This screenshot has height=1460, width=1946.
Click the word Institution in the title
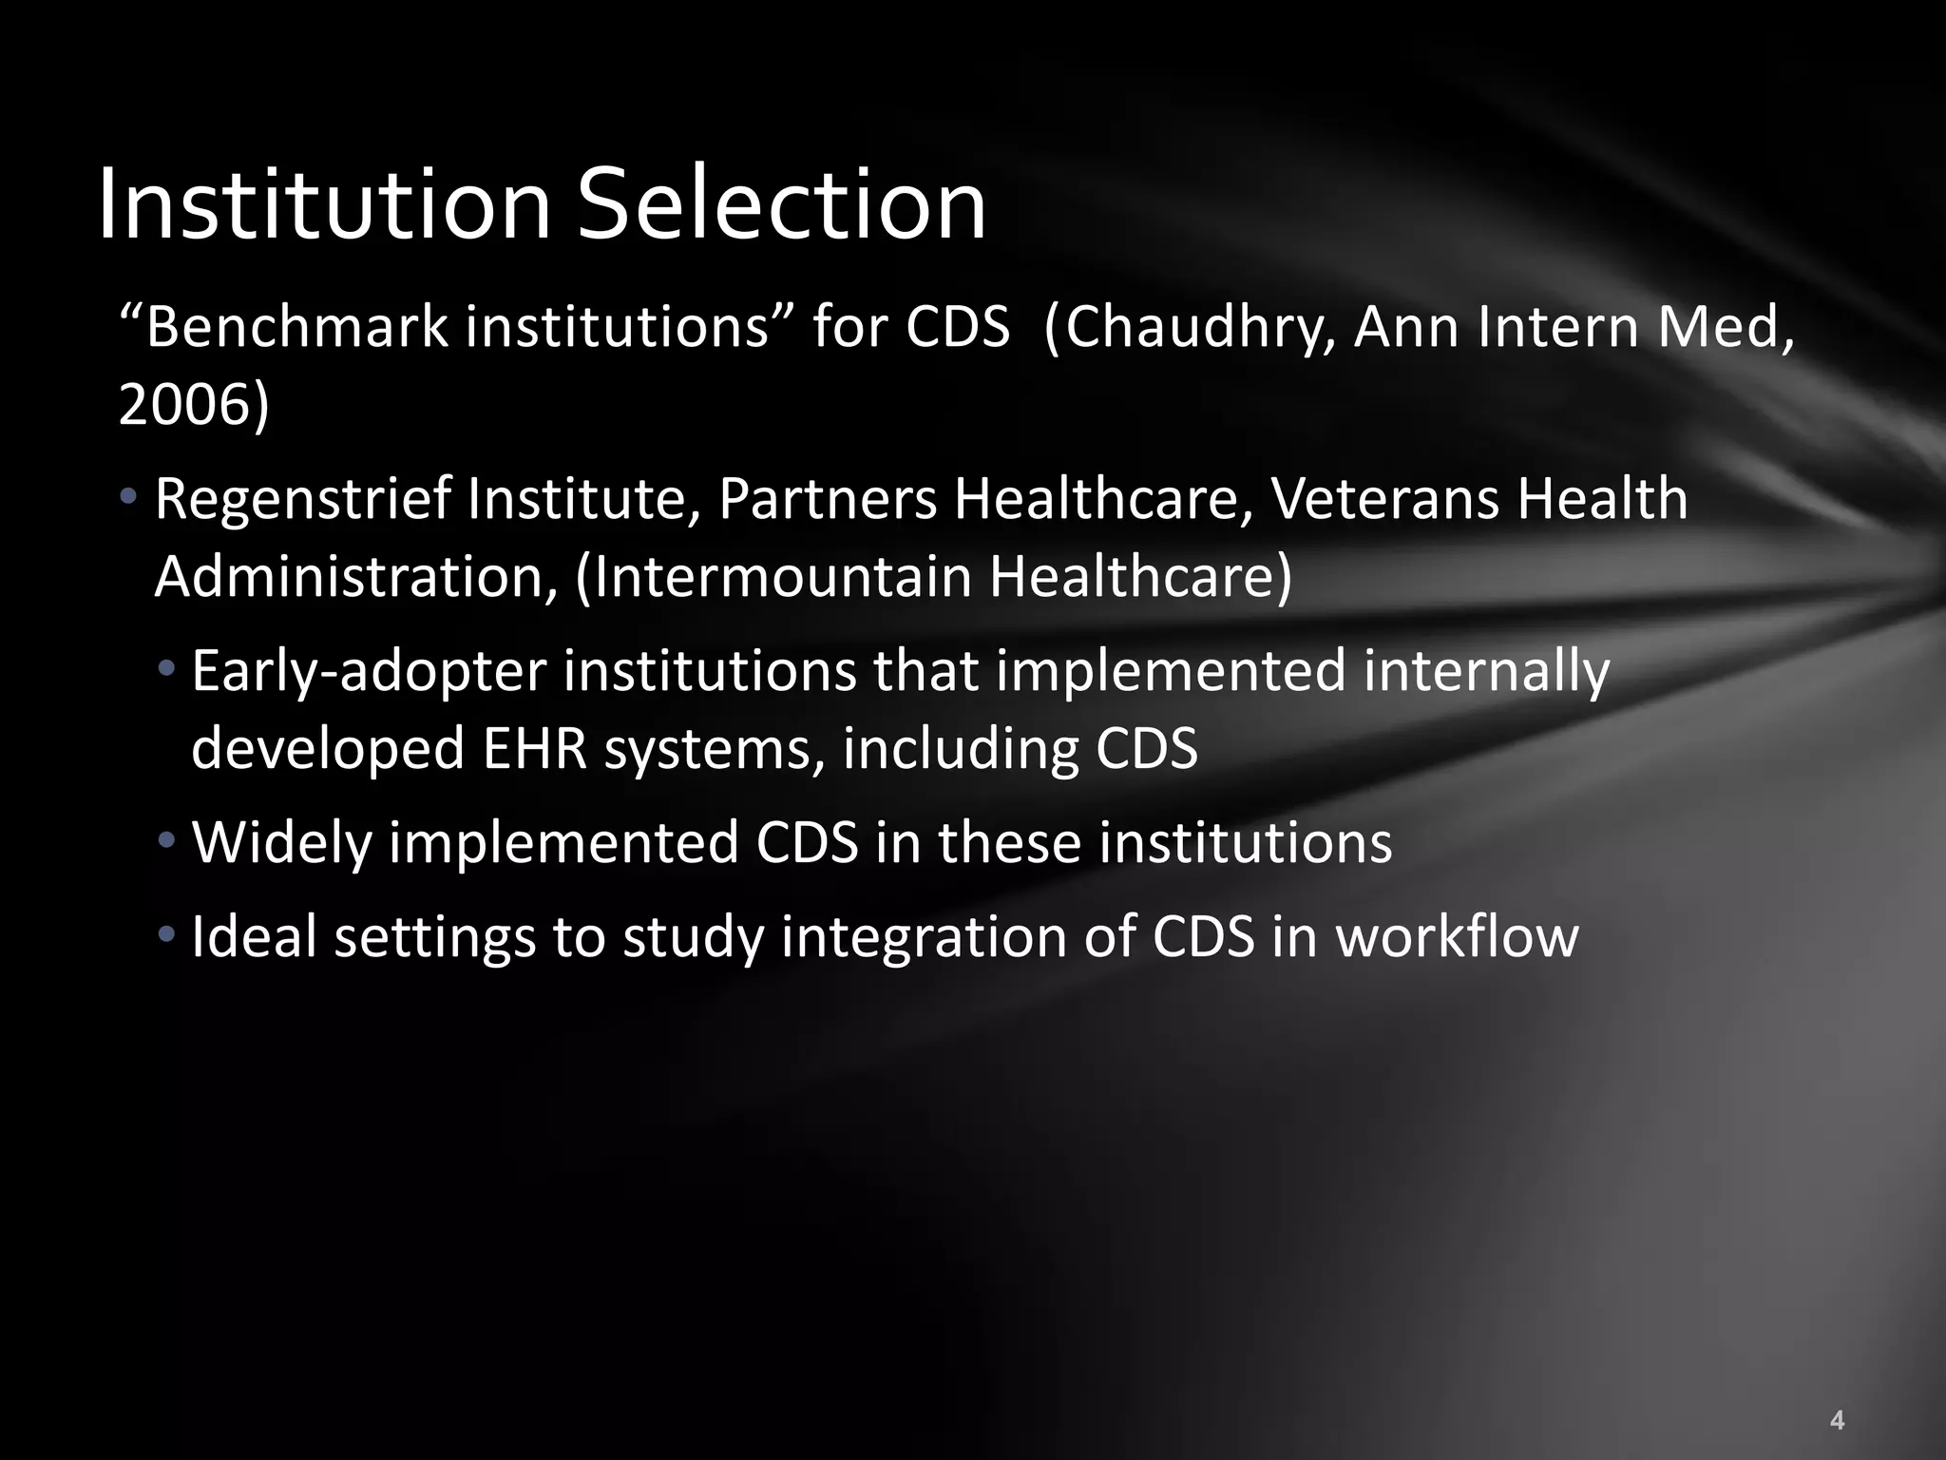tap(324, 204)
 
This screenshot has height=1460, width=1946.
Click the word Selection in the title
tap(782, 204)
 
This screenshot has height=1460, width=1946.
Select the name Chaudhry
tap(1192, 329)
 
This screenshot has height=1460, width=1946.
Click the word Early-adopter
tap(369, 672)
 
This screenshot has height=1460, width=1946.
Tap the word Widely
tap(281, 844)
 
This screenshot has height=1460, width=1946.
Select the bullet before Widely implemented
tap(167, 840)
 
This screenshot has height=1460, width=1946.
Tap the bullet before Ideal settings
tap(167, 933)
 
